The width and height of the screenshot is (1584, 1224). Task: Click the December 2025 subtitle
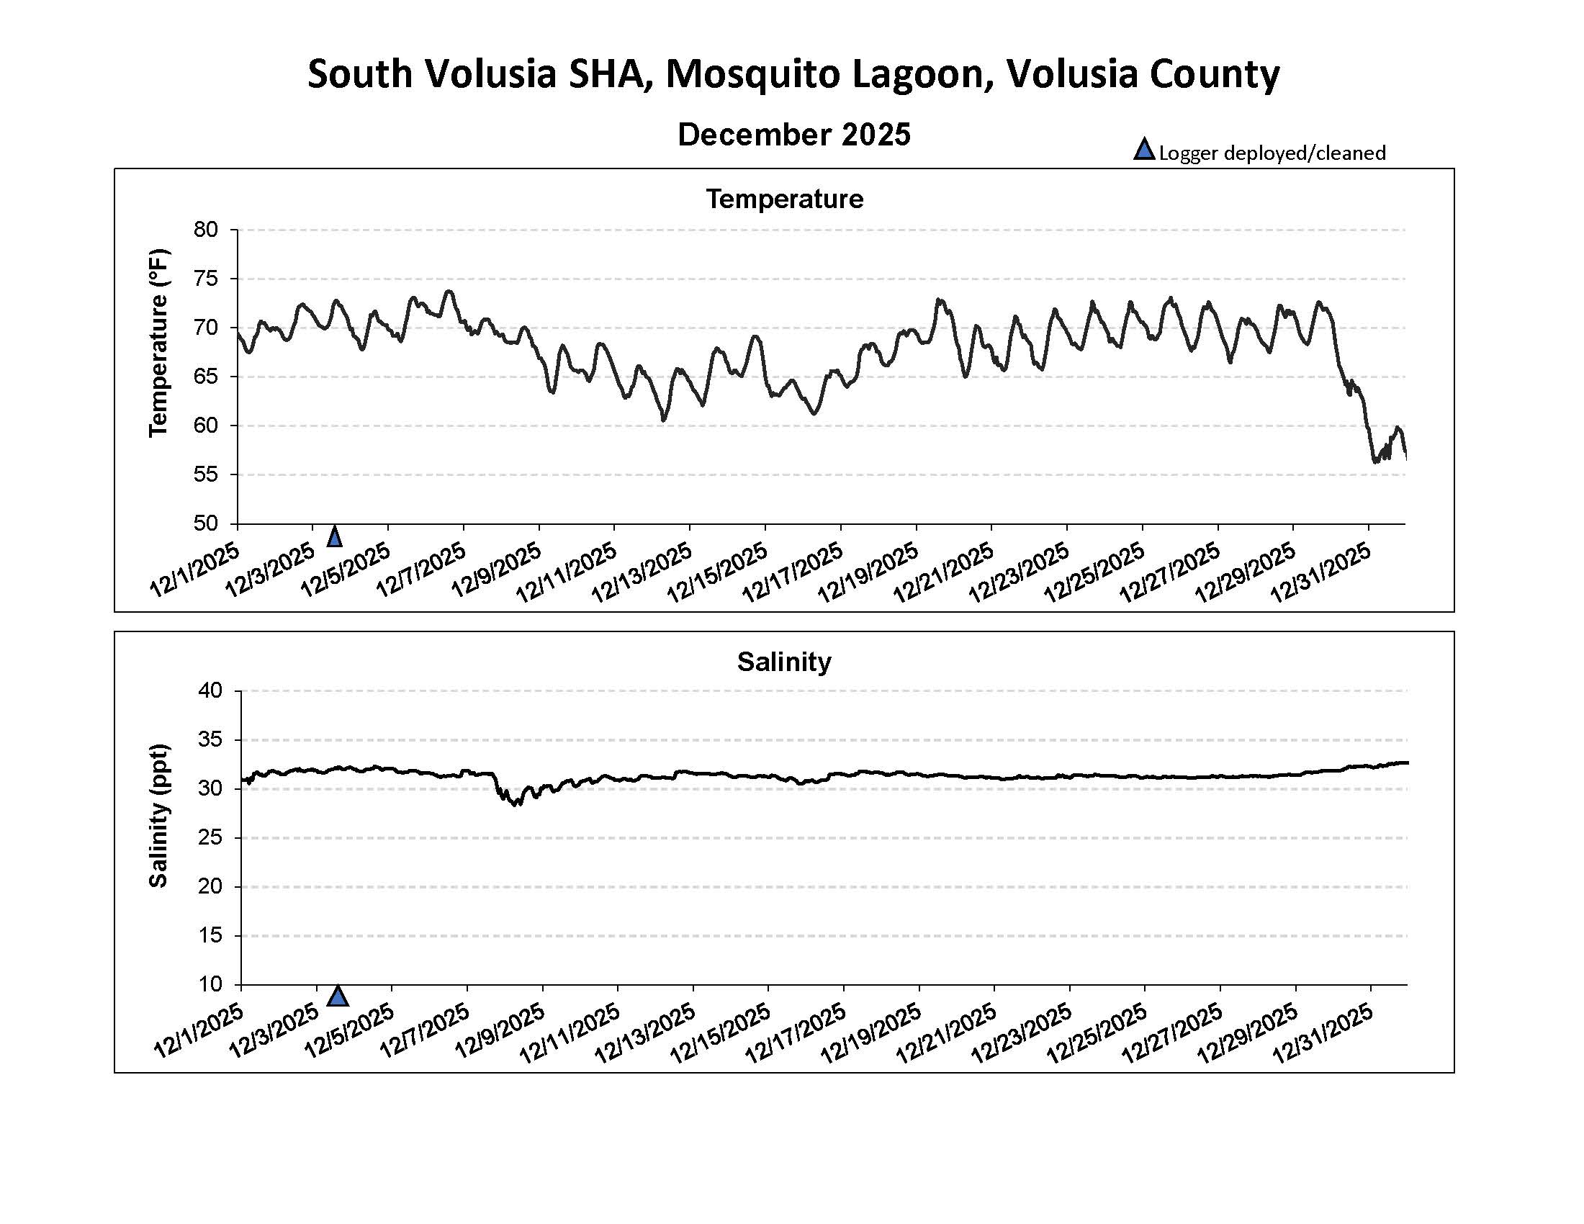[x=793, y=135]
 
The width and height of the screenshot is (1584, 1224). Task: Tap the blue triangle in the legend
[x=1144, y=150]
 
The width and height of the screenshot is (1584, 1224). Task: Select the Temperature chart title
[x=785, y=199]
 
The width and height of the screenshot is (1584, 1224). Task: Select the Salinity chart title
[x=784, y=662]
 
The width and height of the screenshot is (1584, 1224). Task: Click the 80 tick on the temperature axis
[x=206, y=230]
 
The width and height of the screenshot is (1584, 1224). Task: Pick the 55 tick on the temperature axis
[x=206, y=475]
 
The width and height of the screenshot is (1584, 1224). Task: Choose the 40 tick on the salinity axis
[x=210, y=690]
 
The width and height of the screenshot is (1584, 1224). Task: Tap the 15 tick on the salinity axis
[x=210, y=935]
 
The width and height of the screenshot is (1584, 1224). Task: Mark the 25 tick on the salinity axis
[x=210, y=837]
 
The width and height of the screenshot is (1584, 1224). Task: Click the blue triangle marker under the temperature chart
[x=334, y=537]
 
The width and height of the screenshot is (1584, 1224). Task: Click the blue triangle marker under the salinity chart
[x=338, y=997]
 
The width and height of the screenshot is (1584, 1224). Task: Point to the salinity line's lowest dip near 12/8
[x=516, y=805]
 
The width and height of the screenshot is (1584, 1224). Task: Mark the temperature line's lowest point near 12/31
[x=1374, y=462]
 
